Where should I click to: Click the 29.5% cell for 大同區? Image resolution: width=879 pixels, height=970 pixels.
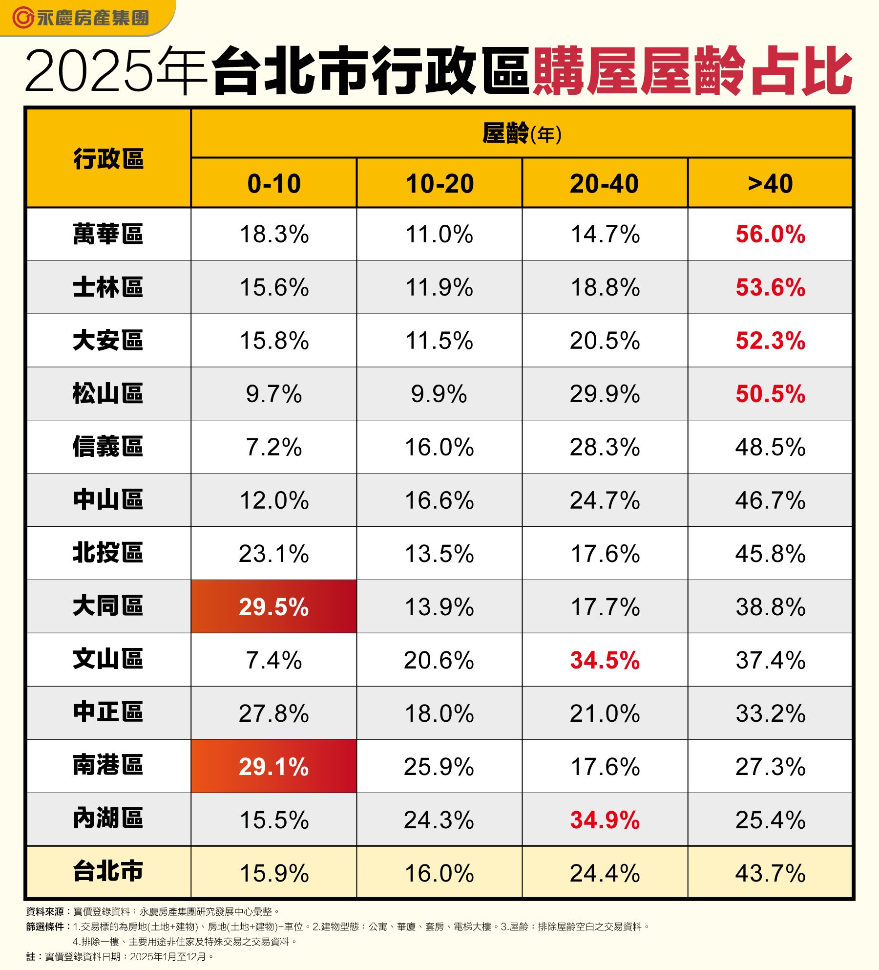(x=273, y=606)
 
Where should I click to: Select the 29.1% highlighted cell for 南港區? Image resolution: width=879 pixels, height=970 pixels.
(x=273, y=766)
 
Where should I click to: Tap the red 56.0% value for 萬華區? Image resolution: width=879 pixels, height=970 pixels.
(x=770, y=234)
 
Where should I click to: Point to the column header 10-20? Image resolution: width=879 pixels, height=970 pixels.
(x=439, y=184)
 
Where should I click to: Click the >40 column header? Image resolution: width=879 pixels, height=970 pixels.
(x=770, y=184)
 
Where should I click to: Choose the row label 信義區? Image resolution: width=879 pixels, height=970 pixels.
(x=108, y=447)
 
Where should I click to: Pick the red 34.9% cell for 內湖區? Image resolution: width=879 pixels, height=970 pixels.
(x=605, y=819)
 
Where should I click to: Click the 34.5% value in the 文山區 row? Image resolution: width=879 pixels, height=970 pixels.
(x=605, y=660)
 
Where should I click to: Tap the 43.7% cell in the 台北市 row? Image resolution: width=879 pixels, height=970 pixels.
(x=770, y=873)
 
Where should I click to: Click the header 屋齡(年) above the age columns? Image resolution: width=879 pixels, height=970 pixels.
(x=522, y=133)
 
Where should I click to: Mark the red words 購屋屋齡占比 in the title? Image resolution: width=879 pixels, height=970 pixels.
(x=692, y=71)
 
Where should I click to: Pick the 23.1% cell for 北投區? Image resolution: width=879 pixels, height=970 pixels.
(x=273, y=554)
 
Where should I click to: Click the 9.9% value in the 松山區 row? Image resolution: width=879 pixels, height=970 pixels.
(x=439, y=394)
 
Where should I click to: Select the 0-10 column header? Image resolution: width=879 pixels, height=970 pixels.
(x=273, y=184)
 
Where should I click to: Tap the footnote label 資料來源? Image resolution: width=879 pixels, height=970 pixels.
(x=45, y=912)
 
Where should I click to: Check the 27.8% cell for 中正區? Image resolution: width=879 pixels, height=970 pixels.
(x=273, y=713)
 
